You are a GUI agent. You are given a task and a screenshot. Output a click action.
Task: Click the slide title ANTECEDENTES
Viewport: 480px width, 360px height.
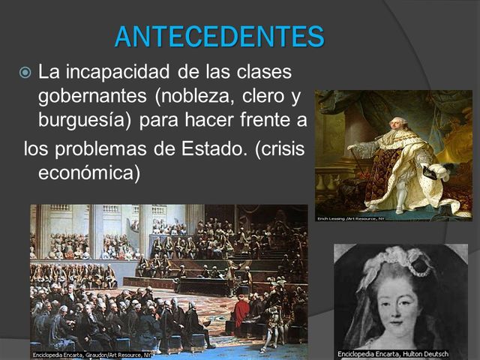pyautogui.click(x=219, y=36)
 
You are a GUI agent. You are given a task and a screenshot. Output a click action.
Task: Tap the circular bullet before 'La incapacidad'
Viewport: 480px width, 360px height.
pyautogui.click(x=25, y=73)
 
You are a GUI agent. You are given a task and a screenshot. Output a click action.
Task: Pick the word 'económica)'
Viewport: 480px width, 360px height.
pyautogui.click(x=89, y=172)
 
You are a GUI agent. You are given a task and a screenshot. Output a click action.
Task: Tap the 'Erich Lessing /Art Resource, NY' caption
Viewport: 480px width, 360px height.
pyautogui.click(x=350, y=217)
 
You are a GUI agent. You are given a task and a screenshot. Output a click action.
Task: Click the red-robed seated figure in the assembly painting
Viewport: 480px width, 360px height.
pyautogui.click(x=241, y=313)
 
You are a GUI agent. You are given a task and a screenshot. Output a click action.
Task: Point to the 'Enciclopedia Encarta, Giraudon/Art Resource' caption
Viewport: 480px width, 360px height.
pyautogui.click(x=91, y=353)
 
